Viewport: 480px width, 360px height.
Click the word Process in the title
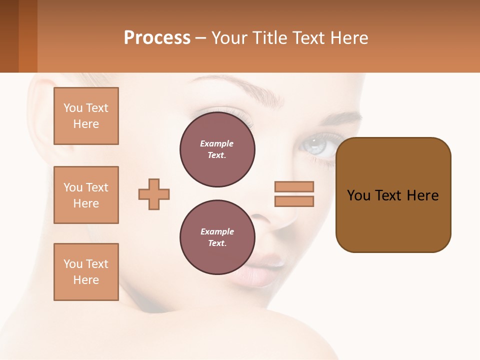157,38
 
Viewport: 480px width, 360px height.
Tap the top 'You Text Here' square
86,116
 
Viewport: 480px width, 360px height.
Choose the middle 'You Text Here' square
86,195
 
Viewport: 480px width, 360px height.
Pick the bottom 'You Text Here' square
86,272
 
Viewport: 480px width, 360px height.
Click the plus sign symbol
154,194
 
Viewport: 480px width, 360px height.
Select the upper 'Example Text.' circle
217,149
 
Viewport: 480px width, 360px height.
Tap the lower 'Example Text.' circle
217,237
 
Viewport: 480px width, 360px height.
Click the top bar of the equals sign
294,186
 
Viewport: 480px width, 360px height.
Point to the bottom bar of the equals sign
294,201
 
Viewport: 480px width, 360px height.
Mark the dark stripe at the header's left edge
9,36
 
